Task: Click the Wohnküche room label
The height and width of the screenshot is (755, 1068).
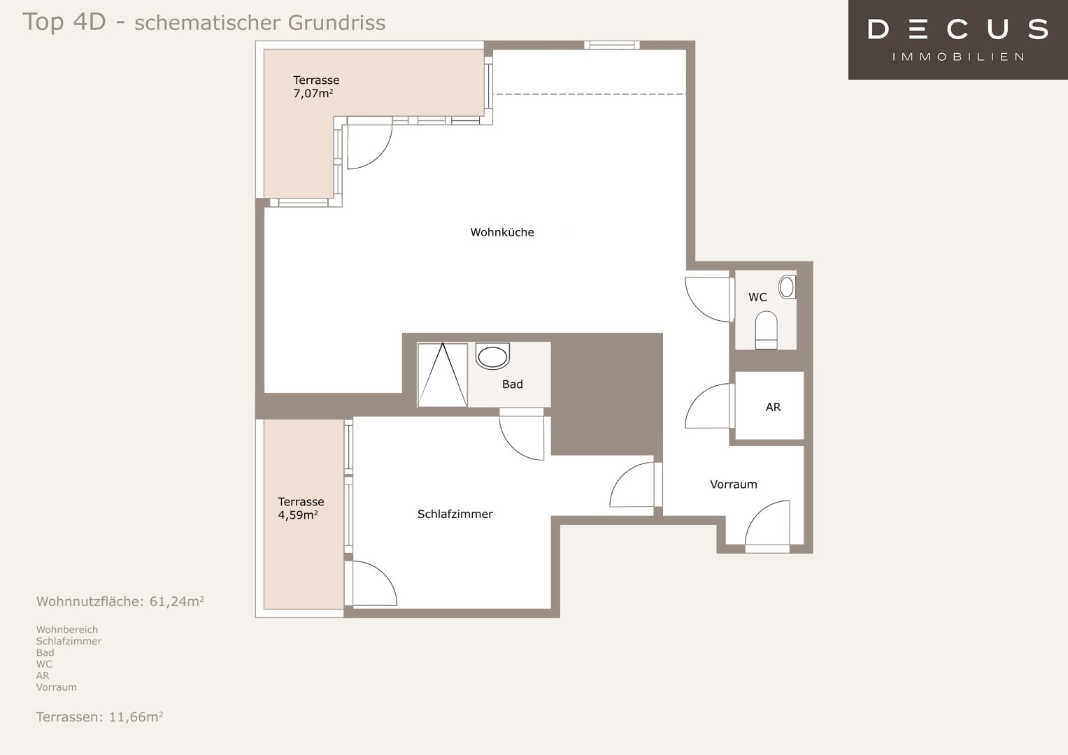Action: pos(502,232)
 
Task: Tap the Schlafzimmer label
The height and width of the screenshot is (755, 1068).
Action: pos(455,514)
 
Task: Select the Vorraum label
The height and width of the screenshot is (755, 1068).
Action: pos(733,484)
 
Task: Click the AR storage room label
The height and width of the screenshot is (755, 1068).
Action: pos(773,407)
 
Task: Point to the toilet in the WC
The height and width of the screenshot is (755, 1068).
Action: pos(766,330)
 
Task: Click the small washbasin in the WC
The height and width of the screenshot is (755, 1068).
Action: pos(787,287)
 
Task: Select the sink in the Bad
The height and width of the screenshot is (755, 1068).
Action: pos(492,356)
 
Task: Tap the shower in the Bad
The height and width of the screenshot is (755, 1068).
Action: pos(443,375)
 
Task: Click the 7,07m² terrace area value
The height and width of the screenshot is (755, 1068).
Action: pos(313,94)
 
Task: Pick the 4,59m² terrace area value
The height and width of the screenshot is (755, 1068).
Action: pos(298,515)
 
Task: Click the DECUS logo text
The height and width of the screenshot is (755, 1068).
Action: pos(958,29)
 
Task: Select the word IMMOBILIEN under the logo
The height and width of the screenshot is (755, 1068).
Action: pos(958,57)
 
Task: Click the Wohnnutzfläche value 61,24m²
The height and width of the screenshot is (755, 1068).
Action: pos(176,601)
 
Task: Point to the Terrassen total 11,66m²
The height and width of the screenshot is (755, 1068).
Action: pos(136,717)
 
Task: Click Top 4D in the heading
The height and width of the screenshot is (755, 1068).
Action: pos(64,22)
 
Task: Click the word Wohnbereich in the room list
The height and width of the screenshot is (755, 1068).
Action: pos(66,630)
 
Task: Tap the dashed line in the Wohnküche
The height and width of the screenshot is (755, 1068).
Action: pos(591,94)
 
